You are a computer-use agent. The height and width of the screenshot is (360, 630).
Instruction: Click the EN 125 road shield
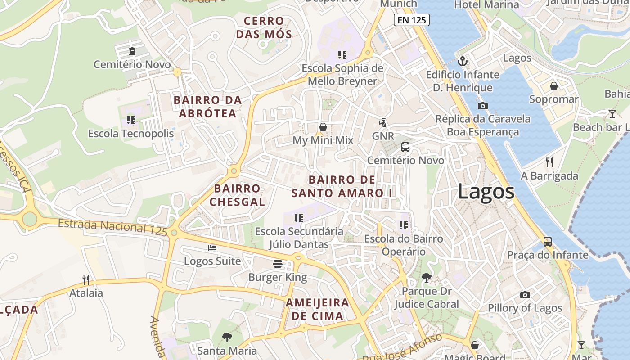click(x=411, y=20)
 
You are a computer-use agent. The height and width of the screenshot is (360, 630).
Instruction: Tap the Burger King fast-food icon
click(x=278, y=264)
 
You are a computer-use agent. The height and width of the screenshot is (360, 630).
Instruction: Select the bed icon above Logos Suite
click(x=212, y=247)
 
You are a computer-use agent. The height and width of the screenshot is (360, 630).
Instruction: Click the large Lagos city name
click(x=486, y=192)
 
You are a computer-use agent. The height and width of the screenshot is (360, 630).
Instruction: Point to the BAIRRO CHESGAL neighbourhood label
click(x=237, y=195)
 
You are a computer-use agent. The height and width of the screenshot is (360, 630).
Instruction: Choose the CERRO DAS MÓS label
click(x=264, y=27)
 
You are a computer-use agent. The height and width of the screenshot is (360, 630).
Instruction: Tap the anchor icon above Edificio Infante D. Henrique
click(x=463, y=61)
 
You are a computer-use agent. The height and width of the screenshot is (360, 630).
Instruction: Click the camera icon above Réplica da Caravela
click(x=482, y=106)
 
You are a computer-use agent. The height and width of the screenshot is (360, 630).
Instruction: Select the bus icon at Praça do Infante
click(x=548, y=242)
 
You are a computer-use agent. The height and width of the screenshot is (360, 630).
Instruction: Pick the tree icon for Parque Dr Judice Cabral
click(x=426, y=278)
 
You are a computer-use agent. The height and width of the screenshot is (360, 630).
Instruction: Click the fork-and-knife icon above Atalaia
click(x=86, y=280)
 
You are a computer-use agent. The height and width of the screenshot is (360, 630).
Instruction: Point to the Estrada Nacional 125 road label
click(x=112, y=227)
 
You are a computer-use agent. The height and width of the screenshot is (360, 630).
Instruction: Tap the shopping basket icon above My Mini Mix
click(x=323, y=127)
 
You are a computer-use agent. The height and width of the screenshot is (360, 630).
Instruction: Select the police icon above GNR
click(x=383, y=122)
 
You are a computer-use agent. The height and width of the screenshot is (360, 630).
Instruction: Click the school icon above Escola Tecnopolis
click(x=131, y=120)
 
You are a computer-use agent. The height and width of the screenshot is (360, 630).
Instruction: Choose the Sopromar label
click(x=553, y=99)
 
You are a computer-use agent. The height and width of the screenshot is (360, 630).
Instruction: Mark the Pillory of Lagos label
click(x=525, y=308)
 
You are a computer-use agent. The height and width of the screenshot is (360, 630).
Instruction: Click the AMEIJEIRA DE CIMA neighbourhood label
click(x=317, y=309)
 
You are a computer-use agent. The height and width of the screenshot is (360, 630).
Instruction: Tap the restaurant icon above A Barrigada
click(x=549, y=162)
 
